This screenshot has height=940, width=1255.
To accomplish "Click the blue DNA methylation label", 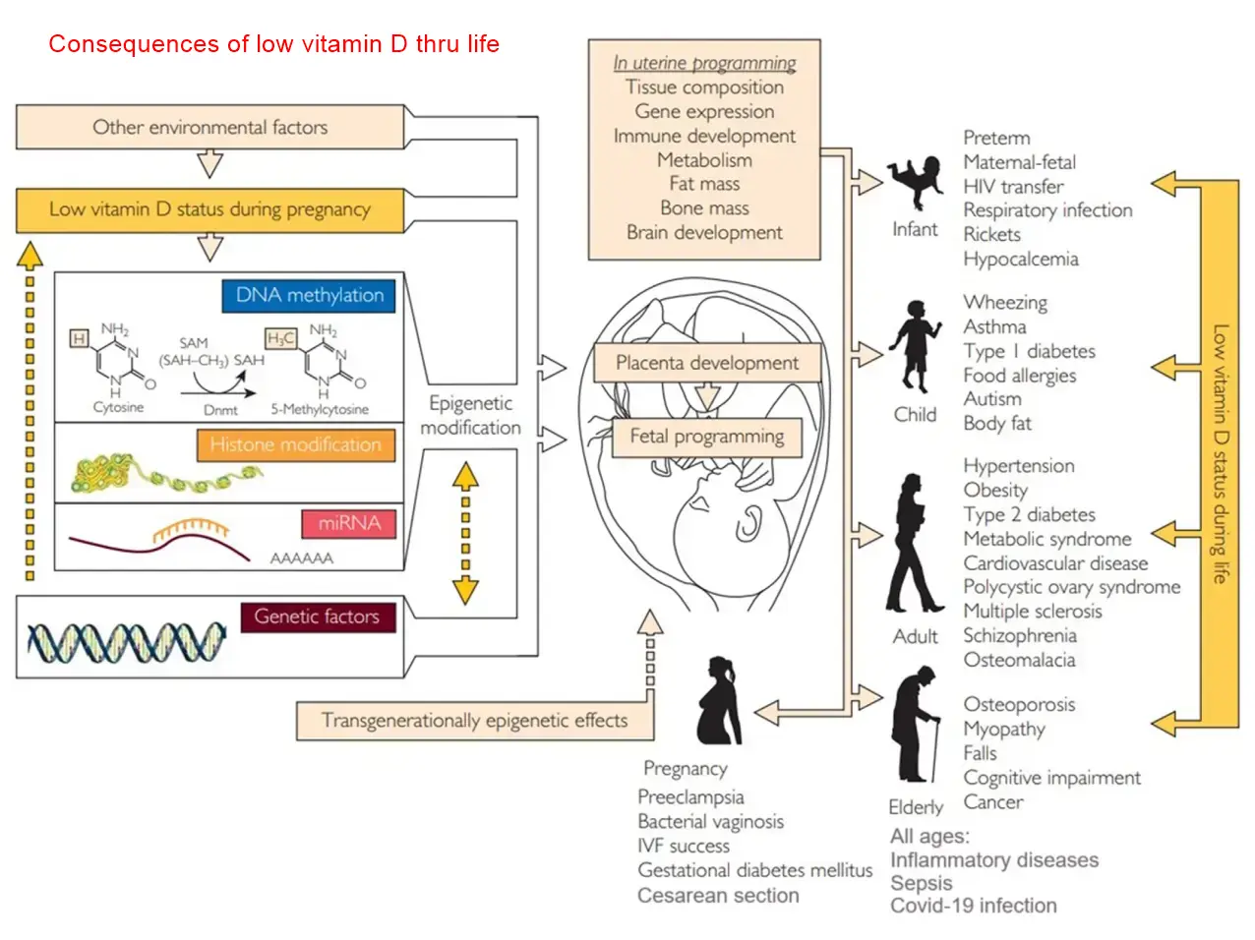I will point(309,296).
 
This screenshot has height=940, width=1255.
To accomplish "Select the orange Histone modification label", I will point(295,445).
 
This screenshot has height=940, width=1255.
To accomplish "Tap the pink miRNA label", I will point(349,523).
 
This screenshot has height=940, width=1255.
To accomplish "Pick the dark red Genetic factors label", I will point(317,617).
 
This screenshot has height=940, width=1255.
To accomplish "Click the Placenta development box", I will point(706,363).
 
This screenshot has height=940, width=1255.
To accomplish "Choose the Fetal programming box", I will point(706,437).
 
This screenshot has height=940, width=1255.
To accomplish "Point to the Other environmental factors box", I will point(209,128).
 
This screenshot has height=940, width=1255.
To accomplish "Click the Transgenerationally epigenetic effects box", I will point(474,721).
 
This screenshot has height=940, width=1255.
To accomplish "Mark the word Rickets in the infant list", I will point(991,235).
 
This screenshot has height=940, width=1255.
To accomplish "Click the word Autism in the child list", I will point(992,399).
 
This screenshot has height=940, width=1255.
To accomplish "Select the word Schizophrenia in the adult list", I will point(1019,636).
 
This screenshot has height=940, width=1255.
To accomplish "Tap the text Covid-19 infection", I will point(973,906).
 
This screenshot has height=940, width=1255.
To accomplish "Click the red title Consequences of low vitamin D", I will point(273,44).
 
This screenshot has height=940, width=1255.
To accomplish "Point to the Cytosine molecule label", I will point(118,407).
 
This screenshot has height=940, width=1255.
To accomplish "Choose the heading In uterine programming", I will point(704,63).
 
